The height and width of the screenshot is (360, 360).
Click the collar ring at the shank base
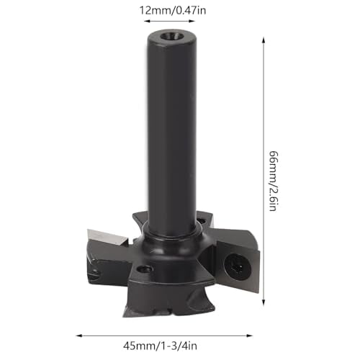pos(172,235)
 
